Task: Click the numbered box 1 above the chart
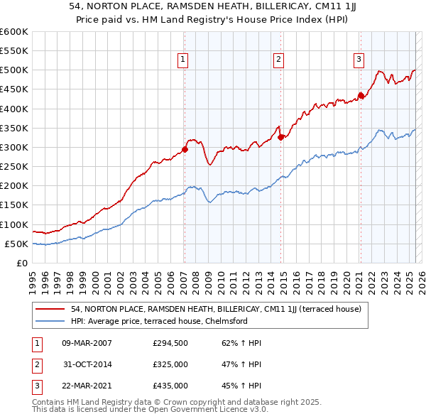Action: [x=183, y=60]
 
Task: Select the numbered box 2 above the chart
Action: [x=279, y=60]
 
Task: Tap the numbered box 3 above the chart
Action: [x=359, y=60]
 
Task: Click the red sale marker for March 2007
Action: [x=185, y=149]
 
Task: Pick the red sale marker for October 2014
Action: [x=281, y=138]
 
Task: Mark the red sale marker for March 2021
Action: [x=361, y=95]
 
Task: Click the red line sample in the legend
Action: [x=50, y=309]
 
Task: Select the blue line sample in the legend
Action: [x=50, y=321]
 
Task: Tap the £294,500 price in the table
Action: [x=170, y=343]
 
